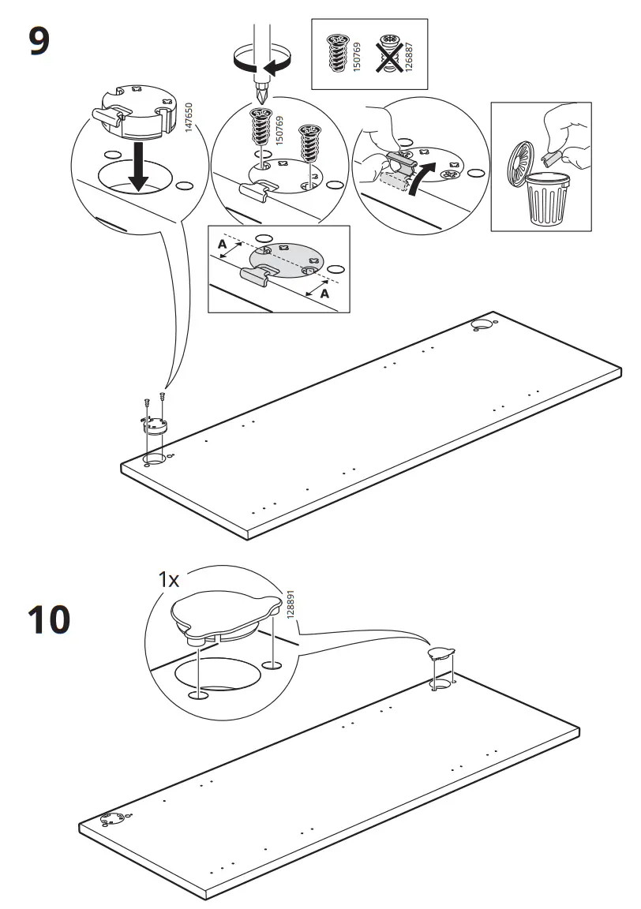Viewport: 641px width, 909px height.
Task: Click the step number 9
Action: pyautogui.click(x=39, y=42)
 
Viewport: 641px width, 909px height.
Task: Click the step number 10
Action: pyautogui.click(x=49, y=619)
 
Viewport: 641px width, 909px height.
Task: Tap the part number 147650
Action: pyautogui.click(x=189, y=118)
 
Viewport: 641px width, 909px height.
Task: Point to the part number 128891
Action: pyautogui.click(x=291, y=604)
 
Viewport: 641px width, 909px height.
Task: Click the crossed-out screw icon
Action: pyautogui.click(x=388, y=54)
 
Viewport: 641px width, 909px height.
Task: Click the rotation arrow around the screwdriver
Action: pyautogui.click(x=261, y=61)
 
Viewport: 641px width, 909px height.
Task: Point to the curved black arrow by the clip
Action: pyautogui.click(x=422, y=178)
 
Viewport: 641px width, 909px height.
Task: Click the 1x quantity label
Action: pyautogui.click(x=170, y=579)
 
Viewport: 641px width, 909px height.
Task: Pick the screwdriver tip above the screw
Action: pyautogui.click(x=261, y=95)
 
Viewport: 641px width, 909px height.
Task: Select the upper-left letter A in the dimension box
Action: pyautogui.click(x=222, y=245)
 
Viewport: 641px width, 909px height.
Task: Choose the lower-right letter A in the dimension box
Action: pyautogui.click(x=324, y=294)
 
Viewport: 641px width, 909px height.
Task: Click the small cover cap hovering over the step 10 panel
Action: pyautogui.click(x=441, y=653)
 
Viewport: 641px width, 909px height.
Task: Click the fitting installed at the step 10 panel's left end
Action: pyautogui.click(x=112, y=821)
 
